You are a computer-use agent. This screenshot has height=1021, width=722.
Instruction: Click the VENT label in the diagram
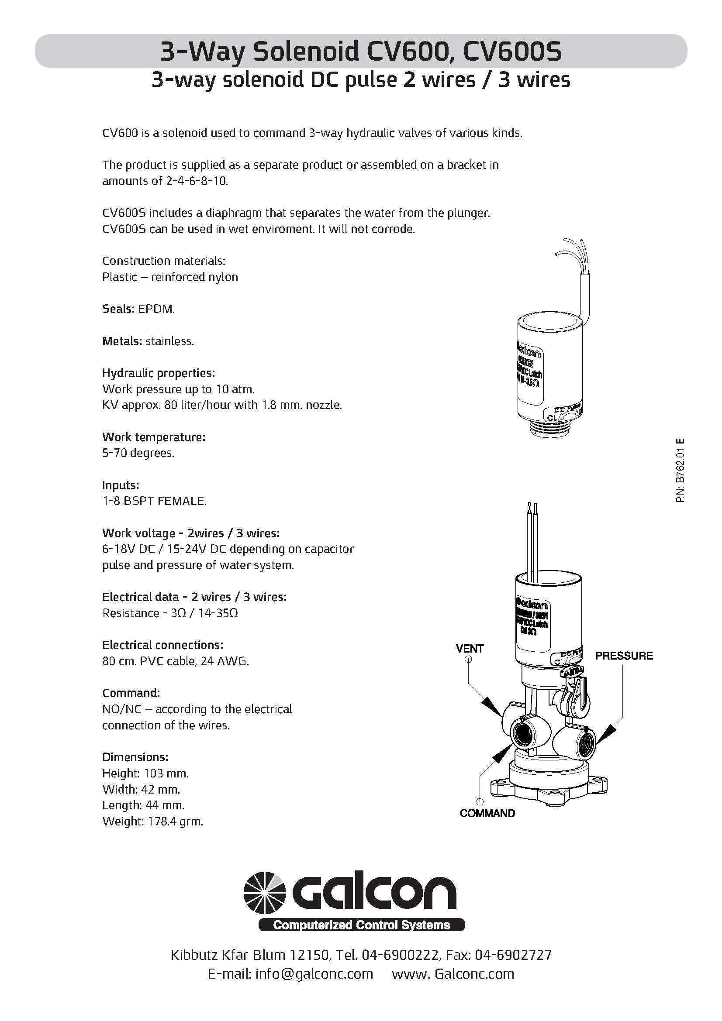pyautogui.click(x=470, y=649)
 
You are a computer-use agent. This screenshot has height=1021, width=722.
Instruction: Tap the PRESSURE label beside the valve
pyautogui.click(x=624, y=656)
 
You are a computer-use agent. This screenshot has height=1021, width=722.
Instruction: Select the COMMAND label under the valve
pyautogui.click(x=487, y=813)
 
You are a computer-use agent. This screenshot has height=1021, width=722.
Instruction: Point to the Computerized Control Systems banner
pyautogui.click(x=361, y=925)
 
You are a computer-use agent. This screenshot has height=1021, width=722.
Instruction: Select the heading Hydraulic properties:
pyautogui.click(x=159, y=373)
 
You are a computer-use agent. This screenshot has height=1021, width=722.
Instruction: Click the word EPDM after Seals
pyautogui.click(x=156, y=309)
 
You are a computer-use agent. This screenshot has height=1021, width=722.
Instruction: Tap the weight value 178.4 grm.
pyautogui.click(x=173, y=822)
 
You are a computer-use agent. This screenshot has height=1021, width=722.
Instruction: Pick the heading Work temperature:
pyautogui.click(x=153, y=437)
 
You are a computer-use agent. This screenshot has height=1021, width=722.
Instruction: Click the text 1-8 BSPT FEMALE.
pyautogui.click(x=154, y=501)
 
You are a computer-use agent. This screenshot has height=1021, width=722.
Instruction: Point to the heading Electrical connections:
pyautogui.click(x=162, y=645)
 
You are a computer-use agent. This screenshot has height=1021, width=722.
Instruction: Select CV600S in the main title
pyautogui.click(x=512, y=52)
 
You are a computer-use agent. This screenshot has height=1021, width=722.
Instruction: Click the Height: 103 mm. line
pyautogui.click(x=145, y=773)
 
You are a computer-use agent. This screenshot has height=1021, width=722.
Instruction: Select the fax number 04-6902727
pyautogui.click(x=513, y=955)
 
